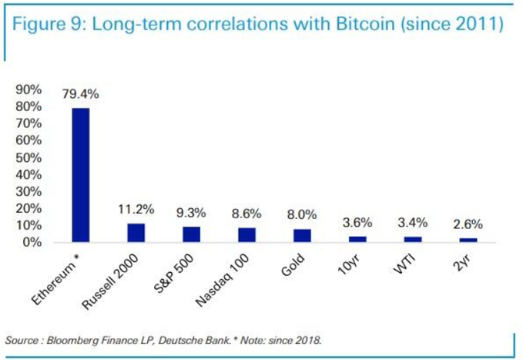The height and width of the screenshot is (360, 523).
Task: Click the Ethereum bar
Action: click(80, 175)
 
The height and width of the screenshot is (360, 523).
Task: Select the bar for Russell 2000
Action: click(136, 233)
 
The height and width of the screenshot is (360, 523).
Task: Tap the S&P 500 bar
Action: click(191, 234)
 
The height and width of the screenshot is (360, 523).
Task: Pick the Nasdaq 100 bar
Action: click(246, 235)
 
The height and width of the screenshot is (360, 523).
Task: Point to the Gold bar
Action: click(302, 236)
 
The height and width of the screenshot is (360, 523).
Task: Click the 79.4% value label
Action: click(80, 94)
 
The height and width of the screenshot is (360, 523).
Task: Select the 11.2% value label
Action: click(136, 209)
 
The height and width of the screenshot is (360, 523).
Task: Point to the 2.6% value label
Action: click(468, 224)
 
